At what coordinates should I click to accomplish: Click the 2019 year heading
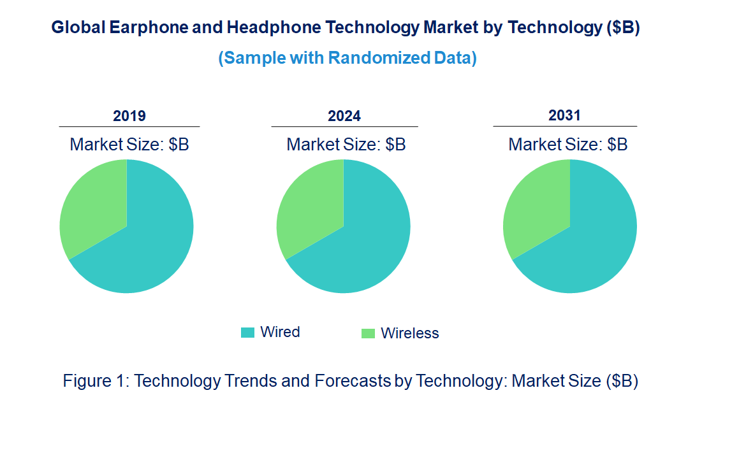tap(129, 116)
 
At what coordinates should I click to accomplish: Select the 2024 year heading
tap(344, 116)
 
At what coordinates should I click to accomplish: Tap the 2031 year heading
tap(565, 115)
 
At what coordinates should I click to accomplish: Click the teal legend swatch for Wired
tap(247, 333)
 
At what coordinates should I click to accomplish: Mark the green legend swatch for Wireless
tap(368, 333)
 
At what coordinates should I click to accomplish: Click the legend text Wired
tap(280, 332)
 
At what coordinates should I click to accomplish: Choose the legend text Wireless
tap(410, 333)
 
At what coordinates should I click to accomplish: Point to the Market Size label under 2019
tap(129, 145)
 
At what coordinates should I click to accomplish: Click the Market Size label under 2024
tap(346, 145)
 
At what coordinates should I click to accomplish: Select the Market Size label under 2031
tap(568, 145)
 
